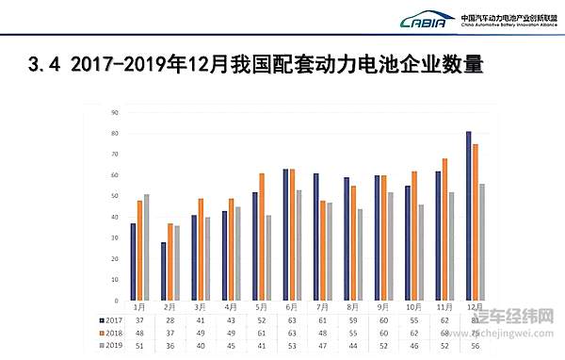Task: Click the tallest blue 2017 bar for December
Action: tap(469, 216)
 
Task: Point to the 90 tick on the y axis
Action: tap(114, 112)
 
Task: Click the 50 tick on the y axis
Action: tap(114, 196)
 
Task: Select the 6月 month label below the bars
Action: tap(292, 307)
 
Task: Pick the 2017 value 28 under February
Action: tap(169, 319)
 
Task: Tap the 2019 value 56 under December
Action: tap(476, 346)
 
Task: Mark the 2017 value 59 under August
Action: tap(353, 319)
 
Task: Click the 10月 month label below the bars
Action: tap(414, 307)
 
